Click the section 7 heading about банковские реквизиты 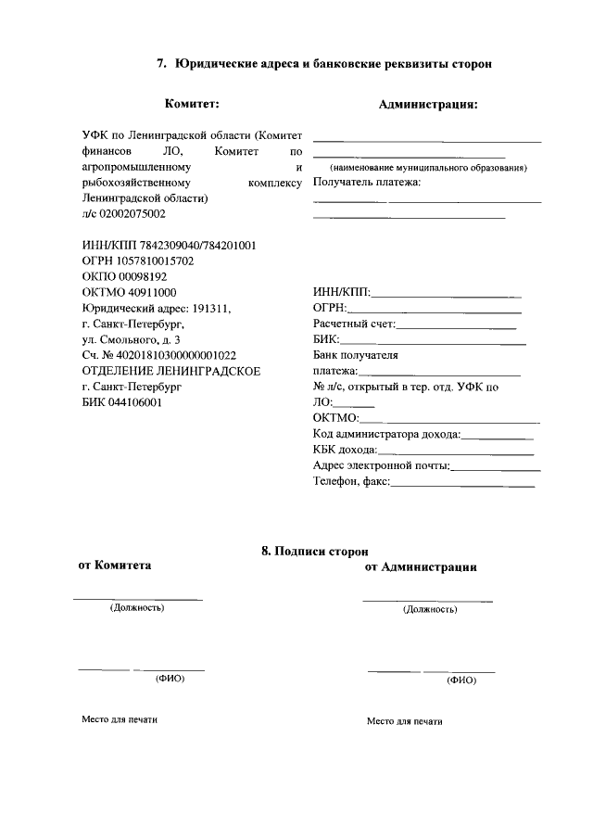(323, 64)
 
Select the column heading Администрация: (428, 105)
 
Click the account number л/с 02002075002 (124, 213)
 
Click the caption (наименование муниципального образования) (427, 168)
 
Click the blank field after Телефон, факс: (463, 485)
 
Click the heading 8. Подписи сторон (308, 552)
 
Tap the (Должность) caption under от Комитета (137, 608)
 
